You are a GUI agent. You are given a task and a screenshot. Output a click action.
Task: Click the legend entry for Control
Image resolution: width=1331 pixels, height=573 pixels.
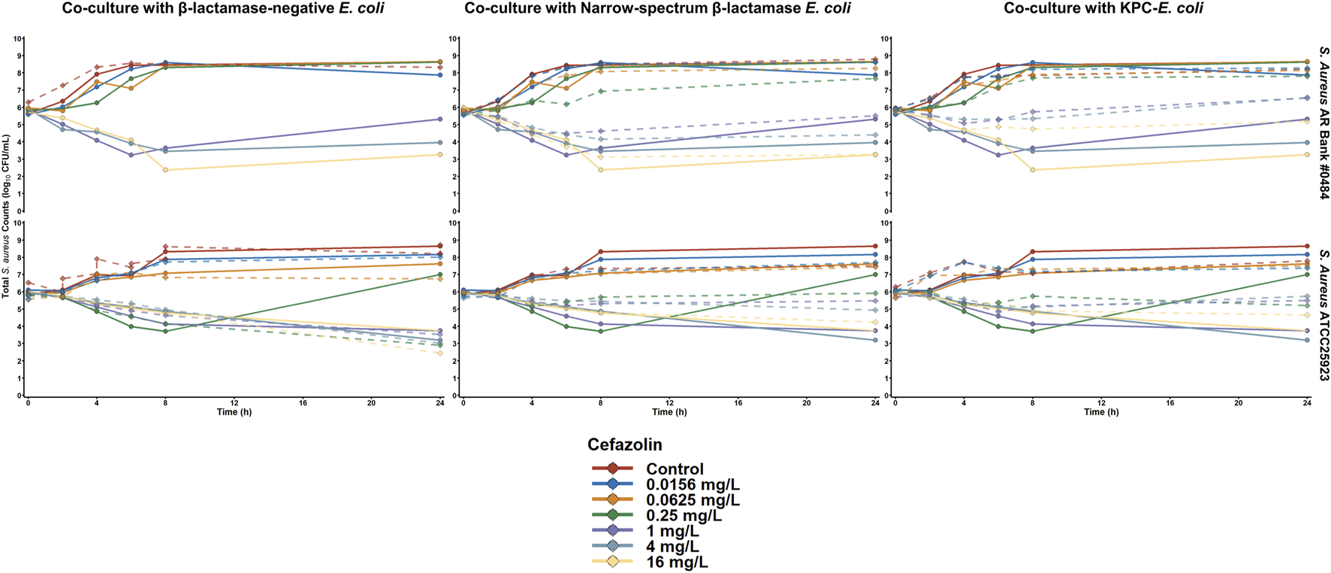[674, 469]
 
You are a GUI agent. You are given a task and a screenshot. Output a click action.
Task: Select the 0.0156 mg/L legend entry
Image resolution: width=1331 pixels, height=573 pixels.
[692, 485]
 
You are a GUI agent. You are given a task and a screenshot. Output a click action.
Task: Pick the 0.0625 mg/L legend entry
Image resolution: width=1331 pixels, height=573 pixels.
[692, 500]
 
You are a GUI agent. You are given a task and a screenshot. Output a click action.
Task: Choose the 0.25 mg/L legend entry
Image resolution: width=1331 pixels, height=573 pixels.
[683, 516]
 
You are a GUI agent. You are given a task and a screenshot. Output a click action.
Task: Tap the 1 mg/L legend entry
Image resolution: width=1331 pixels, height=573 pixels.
[672, 531]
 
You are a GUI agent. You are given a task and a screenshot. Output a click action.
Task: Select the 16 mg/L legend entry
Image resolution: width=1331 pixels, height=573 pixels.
[676, 562]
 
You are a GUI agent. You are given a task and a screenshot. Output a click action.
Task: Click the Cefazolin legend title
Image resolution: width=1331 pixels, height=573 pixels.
[624, 444]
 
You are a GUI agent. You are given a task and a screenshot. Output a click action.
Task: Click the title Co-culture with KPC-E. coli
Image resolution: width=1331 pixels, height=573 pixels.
[1103, 9]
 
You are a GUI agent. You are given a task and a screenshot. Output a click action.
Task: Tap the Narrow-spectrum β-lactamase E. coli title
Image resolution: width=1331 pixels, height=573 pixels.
[657, 9]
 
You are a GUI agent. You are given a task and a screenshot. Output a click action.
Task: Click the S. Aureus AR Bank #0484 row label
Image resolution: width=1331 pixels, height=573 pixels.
[1323, 123]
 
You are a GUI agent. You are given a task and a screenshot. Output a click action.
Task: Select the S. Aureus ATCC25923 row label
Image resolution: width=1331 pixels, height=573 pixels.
[1323, 308]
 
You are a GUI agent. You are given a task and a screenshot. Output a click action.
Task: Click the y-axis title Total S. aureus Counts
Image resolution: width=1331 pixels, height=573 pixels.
[6, 217]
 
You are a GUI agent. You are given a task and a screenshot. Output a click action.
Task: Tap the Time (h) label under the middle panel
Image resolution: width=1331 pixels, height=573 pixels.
[662, 412]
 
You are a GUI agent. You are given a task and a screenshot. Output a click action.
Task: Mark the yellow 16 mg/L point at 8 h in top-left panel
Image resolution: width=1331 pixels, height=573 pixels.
[165, 170]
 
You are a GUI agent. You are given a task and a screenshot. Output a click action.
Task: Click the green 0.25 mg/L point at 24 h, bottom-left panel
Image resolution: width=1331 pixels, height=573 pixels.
[439, 275]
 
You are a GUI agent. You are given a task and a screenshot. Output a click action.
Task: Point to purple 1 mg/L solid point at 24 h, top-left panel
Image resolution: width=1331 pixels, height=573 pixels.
[439, 120]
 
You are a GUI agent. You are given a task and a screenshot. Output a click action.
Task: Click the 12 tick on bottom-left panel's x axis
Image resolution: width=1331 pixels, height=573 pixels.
[234, 403]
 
